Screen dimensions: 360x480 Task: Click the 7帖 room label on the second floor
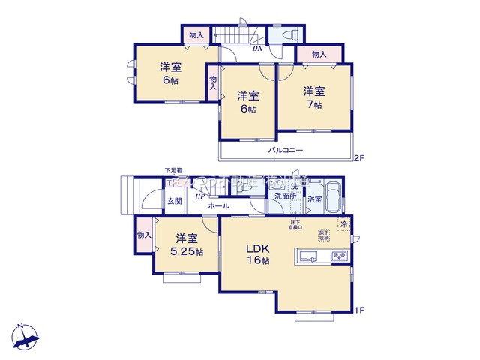tap(314, 105)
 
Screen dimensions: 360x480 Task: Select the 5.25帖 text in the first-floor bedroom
tap(187, 251)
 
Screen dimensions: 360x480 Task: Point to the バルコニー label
tap(286, 151)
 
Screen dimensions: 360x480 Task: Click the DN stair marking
tap(256, 49)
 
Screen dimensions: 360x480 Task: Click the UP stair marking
tap(199, 196)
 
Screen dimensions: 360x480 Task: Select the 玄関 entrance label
tap(174, 200)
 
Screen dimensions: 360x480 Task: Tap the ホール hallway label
tap(218, 205)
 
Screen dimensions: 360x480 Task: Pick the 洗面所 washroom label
tap(285, 196)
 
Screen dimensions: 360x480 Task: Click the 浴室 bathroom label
tap(315, 199)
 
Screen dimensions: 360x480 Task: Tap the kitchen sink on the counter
tap(307, 257)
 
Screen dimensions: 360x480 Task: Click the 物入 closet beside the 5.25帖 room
tap(143, 235)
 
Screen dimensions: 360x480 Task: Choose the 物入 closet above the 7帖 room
tap(319, 54)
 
